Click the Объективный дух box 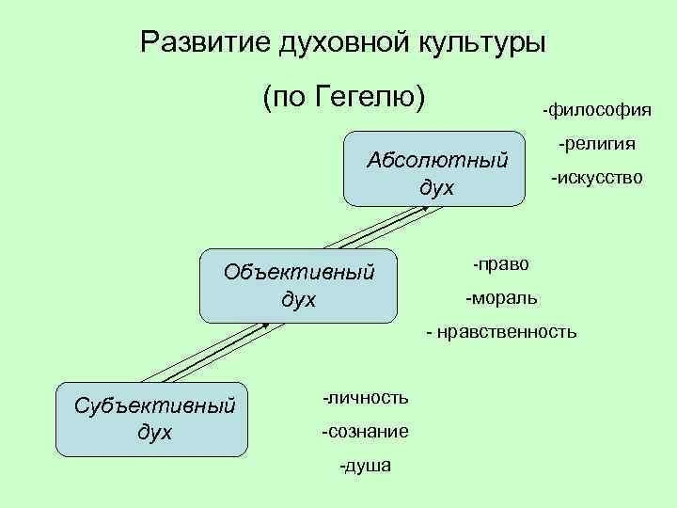click(299, 286)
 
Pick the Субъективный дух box click(153, 419)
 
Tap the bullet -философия click(596, 111)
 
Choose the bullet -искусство click(597, 177)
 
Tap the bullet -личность click(365, 397)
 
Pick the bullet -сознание click(365, 432)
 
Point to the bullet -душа click(365, 466)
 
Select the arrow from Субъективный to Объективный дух click(218, 352)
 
